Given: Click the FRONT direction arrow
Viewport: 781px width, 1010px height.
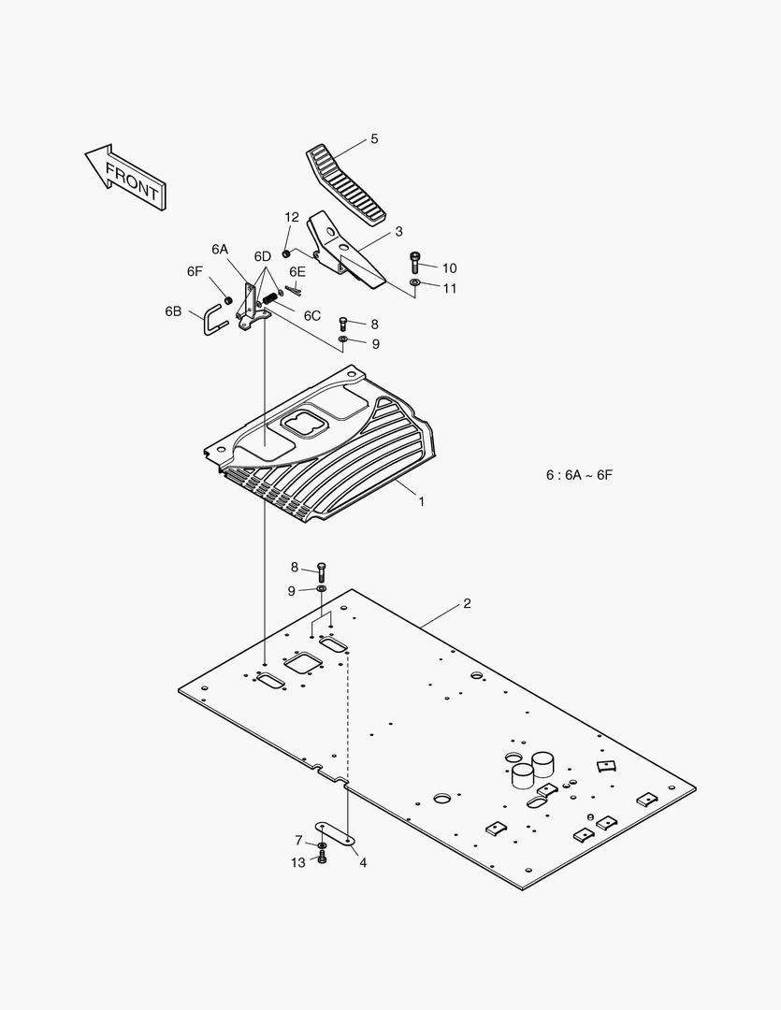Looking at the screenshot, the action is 125,177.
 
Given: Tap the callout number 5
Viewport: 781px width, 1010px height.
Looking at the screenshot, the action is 374,139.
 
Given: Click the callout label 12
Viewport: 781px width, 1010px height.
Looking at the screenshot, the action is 292,217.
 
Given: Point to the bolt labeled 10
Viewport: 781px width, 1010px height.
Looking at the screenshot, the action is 415,263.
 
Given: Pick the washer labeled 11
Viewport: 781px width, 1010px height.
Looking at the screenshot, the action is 415,282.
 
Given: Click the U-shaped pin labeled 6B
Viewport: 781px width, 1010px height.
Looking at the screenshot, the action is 215,321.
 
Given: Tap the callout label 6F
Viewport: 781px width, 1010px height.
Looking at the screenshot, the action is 195,271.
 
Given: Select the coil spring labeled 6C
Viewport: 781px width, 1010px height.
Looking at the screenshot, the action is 269,299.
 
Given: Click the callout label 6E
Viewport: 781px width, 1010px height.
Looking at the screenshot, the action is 297,272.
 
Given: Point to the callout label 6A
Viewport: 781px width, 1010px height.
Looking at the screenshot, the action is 220,250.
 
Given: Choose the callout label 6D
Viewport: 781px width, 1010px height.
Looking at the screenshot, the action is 262,256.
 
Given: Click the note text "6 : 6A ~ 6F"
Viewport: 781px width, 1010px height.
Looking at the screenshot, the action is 579,475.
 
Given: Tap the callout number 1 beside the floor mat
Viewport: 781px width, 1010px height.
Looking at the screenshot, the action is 422,501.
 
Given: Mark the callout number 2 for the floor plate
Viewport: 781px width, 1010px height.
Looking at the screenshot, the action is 467,603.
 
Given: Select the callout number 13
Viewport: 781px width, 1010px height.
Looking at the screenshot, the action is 297,862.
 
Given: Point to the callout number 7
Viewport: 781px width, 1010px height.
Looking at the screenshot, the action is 298,841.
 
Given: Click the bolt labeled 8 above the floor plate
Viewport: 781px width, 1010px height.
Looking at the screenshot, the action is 322,571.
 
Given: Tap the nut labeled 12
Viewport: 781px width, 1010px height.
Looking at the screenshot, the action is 287,253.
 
